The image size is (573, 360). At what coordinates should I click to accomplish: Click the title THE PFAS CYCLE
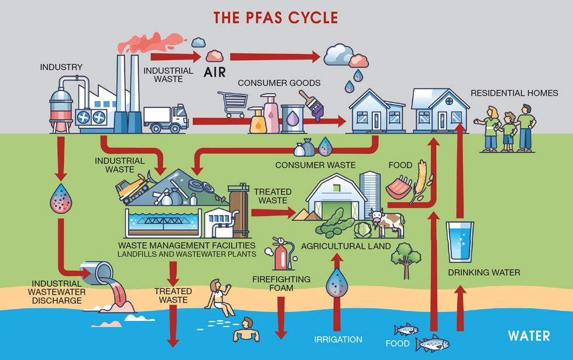275,17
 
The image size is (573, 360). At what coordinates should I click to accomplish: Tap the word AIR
214,72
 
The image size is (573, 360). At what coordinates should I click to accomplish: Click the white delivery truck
166,117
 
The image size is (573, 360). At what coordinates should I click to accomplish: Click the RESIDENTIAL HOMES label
514,93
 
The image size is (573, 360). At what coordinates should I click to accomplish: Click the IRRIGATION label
338,340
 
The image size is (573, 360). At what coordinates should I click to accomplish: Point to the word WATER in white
529,336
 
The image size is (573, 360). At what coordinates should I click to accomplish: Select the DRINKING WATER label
484,272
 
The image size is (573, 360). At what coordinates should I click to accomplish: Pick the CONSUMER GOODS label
279,83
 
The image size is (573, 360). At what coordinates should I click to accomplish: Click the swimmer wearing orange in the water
246,331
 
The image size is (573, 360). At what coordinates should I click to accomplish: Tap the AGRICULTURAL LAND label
346,246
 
